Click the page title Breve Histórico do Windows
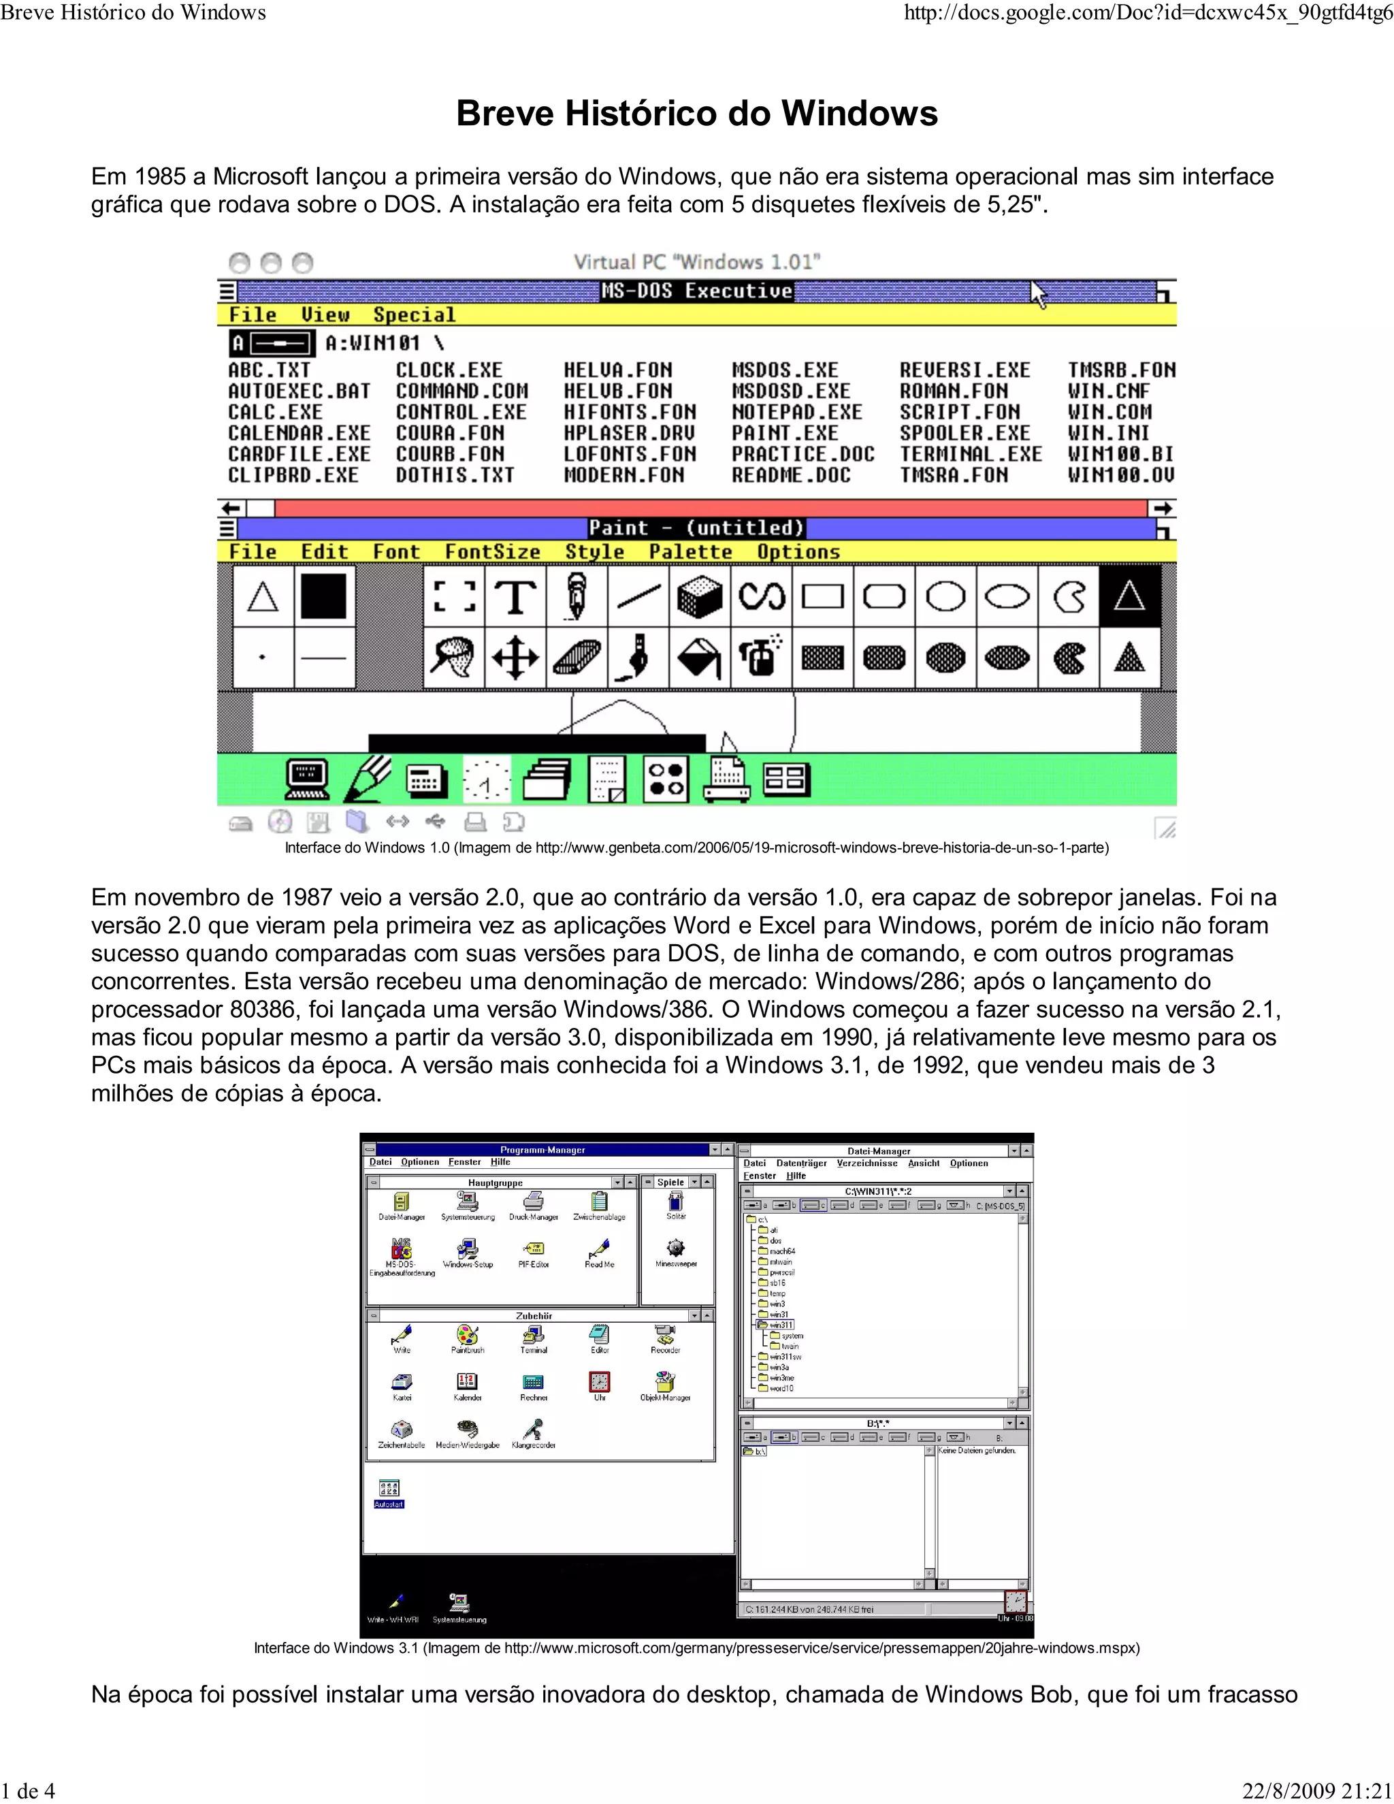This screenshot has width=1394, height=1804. pos(696,114)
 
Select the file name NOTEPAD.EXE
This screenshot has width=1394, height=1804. pos(796,412)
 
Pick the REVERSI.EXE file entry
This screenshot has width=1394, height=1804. pos(965,370)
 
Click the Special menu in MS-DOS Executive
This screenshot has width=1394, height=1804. pos(414,315)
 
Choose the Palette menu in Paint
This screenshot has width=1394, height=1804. pos(690,552)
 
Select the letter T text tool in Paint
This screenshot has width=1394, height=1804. pos(515,596)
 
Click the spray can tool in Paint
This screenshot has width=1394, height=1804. pos(760,658)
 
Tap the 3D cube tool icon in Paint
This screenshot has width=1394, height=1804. pos(698,596)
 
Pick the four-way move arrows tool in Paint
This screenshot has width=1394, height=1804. pos(515,658)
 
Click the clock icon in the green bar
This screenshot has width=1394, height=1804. pos(487,779)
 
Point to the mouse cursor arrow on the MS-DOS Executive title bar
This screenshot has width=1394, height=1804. pos(1038,293)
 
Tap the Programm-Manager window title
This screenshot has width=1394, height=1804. pos(542,1150)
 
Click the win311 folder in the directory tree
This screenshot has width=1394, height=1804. pos(781,1325)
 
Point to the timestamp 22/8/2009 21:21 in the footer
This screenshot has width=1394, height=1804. pos(1317,1791)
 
